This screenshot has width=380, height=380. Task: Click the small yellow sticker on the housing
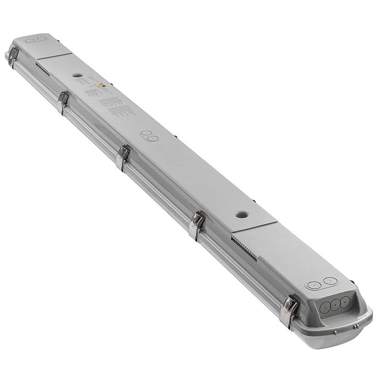pos(100,85)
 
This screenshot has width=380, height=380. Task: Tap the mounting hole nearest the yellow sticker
pos(77,75)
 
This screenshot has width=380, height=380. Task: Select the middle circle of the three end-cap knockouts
pos(335,306)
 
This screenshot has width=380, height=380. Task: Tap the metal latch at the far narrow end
pos(13,56)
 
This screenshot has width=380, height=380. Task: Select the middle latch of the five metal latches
pos(122,156)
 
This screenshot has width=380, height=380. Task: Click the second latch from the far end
pos(63,102)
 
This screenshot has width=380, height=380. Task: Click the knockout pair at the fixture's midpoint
pos(148,136)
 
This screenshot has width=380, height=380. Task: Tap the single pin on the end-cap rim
pos(335,333)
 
